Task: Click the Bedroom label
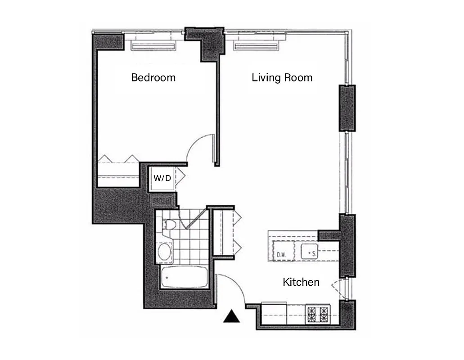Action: click(x=153, y=77)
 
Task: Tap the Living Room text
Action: click(x=282, y=77)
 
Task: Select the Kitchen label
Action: click(x=301, y=282)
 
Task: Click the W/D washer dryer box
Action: click(x=162, y=178)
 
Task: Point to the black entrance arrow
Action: click(x=232, y=317)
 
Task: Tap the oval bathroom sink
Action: click(x=164, y=251)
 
